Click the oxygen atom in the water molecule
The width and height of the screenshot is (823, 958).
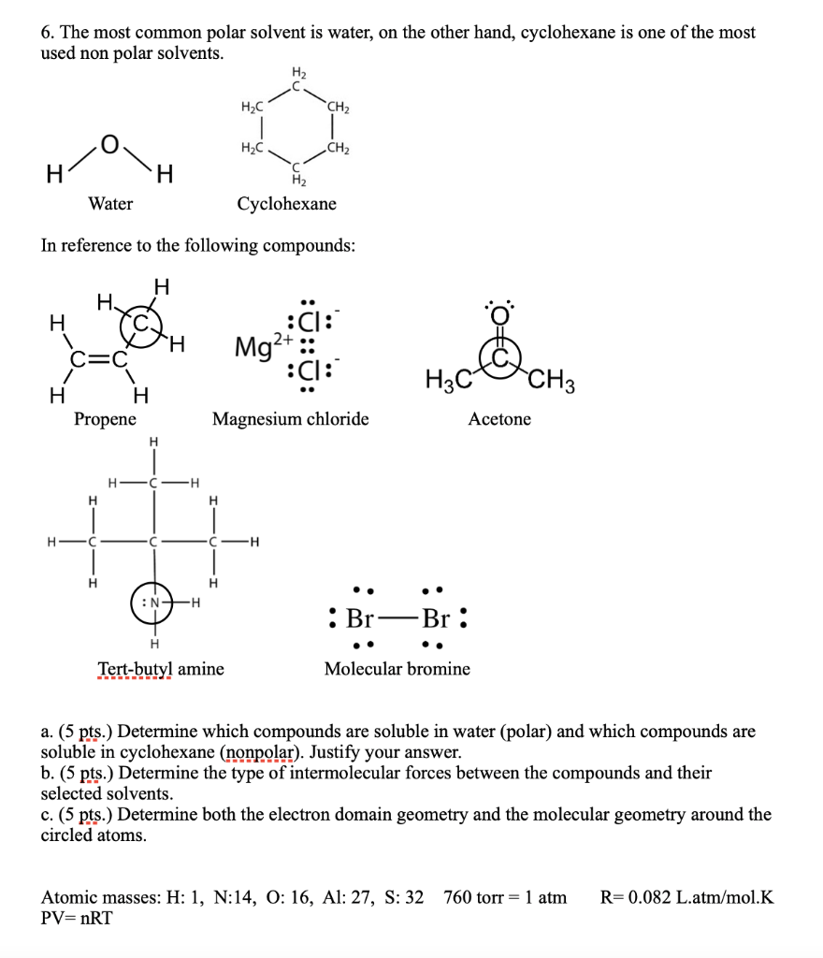pyautogui.click(x=110, y=144)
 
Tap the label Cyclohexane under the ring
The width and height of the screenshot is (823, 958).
pyautogui.click(x=286, y=204)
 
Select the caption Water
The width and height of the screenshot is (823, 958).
pyautogui.click(x=110, y=204)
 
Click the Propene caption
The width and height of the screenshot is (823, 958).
pyautogui.click(x=105, y=419)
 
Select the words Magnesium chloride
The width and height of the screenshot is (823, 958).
pyautogui.click(x=290, y=419)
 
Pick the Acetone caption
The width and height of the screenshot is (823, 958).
pyautogui.click(x=499, y=419)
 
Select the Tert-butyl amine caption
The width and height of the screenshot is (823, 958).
pyautogui.click(x=161, y=669)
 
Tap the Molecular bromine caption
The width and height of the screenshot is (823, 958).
pyautogui.click(x=397, y=669)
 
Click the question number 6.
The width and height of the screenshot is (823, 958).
pyautogui.click(x=47, y=33)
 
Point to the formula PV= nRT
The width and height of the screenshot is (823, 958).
pyautogui.click(x=77, y=918)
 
